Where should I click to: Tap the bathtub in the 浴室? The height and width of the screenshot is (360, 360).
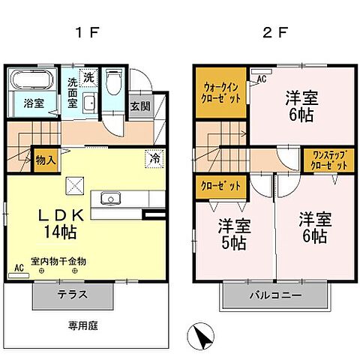click(x=31, y=81)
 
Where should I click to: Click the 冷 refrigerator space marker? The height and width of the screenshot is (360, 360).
click(x=153, y=159)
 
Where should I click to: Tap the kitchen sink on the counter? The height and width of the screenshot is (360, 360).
click(x=111, y=199)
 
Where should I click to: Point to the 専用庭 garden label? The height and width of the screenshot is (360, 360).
click(x=85, y=326)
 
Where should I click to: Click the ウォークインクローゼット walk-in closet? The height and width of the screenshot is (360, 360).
click(x=221, y=91)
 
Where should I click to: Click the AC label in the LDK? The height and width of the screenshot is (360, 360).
click(x=19, y=267)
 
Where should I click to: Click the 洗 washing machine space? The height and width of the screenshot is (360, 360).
click(x=88, y=76)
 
